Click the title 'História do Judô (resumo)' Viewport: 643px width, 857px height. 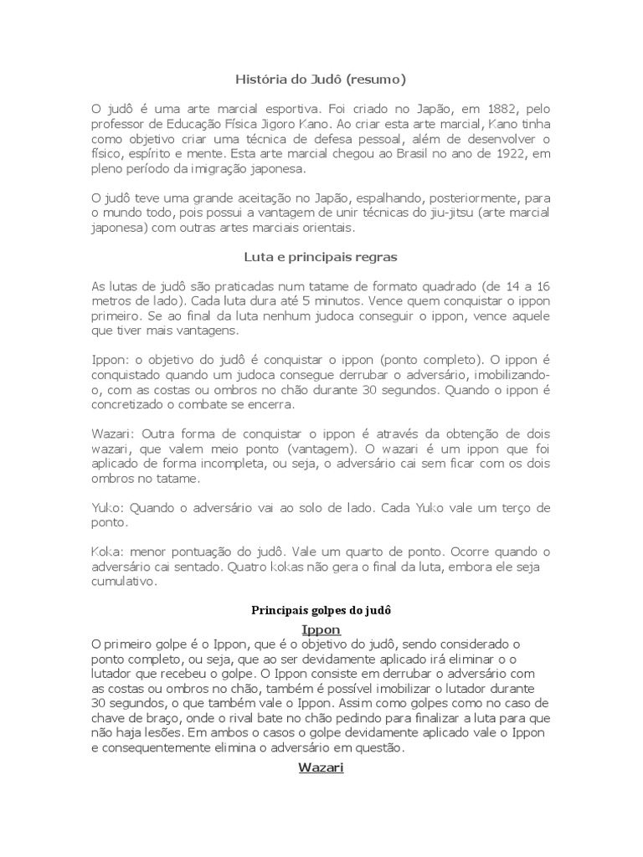[321, 80]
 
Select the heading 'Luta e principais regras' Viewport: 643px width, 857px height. [321, 257]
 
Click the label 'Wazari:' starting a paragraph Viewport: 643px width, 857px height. [114, 434]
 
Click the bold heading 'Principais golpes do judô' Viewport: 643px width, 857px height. [321, 611]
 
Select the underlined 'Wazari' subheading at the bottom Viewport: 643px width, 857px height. [321, 767]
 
